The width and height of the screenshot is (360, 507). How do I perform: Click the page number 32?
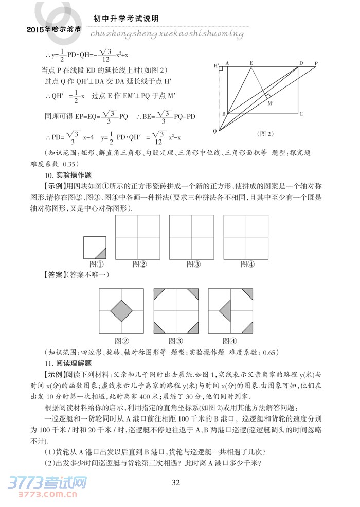tap(175, 482)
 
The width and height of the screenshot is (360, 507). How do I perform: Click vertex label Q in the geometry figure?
tap(215, 131)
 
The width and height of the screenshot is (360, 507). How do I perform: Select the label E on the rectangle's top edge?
tap(251, 63)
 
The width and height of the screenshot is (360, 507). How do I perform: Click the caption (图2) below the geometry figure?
tap(265, 134)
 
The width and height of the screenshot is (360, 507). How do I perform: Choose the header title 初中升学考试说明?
tap(125, 18)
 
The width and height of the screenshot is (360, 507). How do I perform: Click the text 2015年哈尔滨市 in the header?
tap(53, 30)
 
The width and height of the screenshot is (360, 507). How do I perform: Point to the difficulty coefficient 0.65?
tap(269, 352)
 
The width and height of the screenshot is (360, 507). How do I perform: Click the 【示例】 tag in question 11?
tap(55, 374)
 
